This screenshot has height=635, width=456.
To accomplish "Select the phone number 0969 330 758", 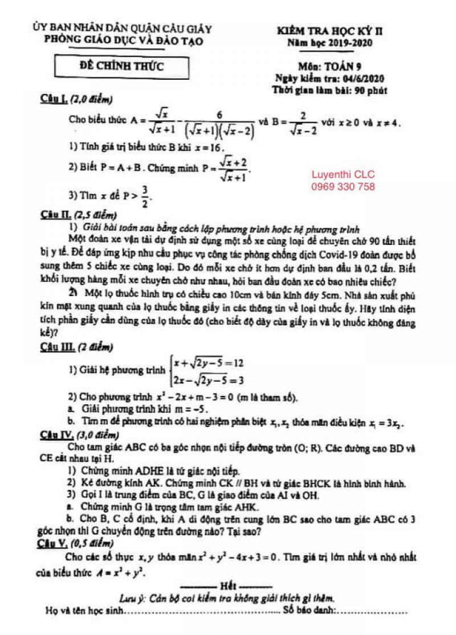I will (x=343, y=187).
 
